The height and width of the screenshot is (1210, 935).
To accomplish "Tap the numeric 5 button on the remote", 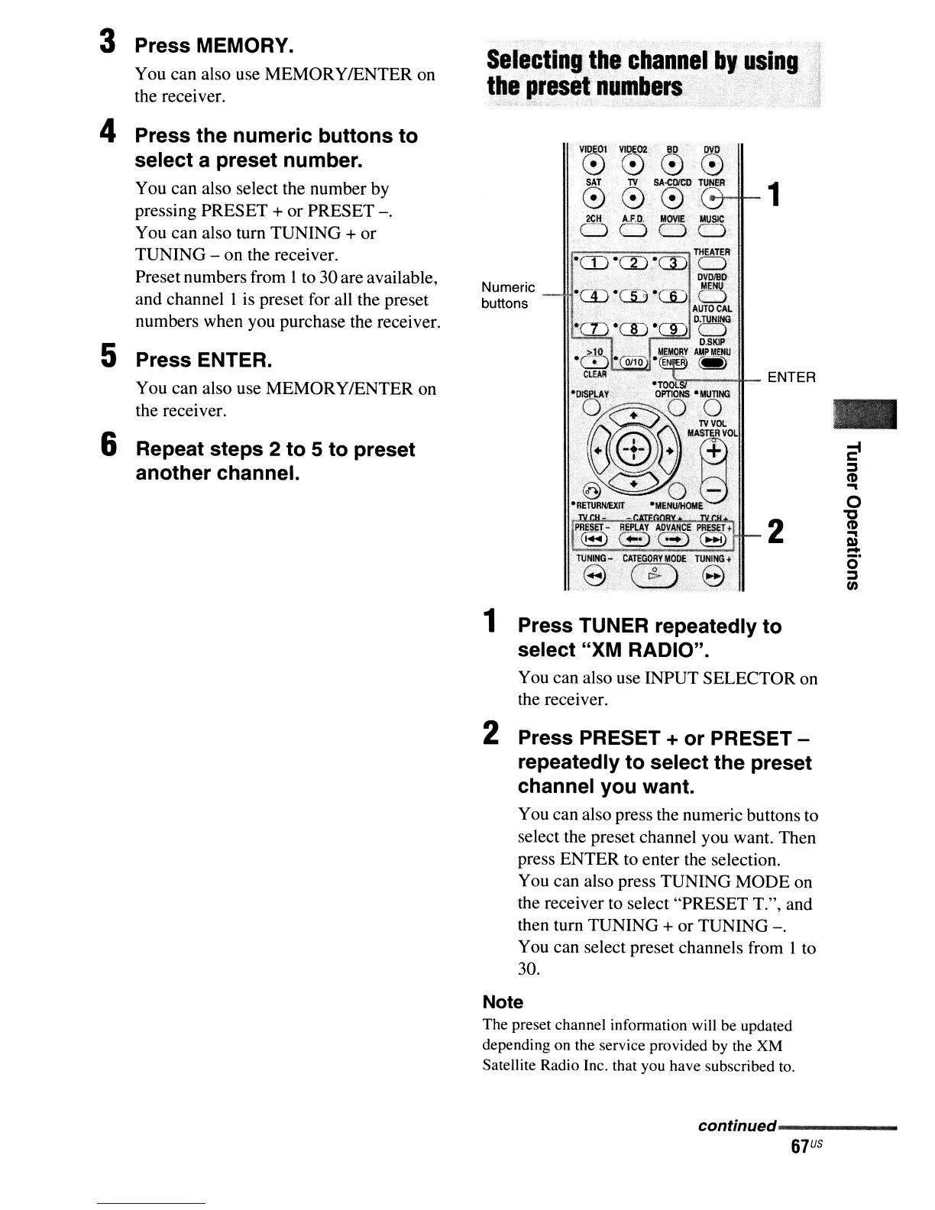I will point(631,296).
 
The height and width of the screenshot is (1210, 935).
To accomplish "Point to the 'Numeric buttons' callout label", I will point(508,296).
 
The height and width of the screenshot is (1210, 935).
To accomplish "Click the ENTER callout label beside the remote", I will point(791,377).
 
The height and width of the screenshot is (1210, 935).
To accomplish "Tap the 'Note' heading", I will point(503,1002).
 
